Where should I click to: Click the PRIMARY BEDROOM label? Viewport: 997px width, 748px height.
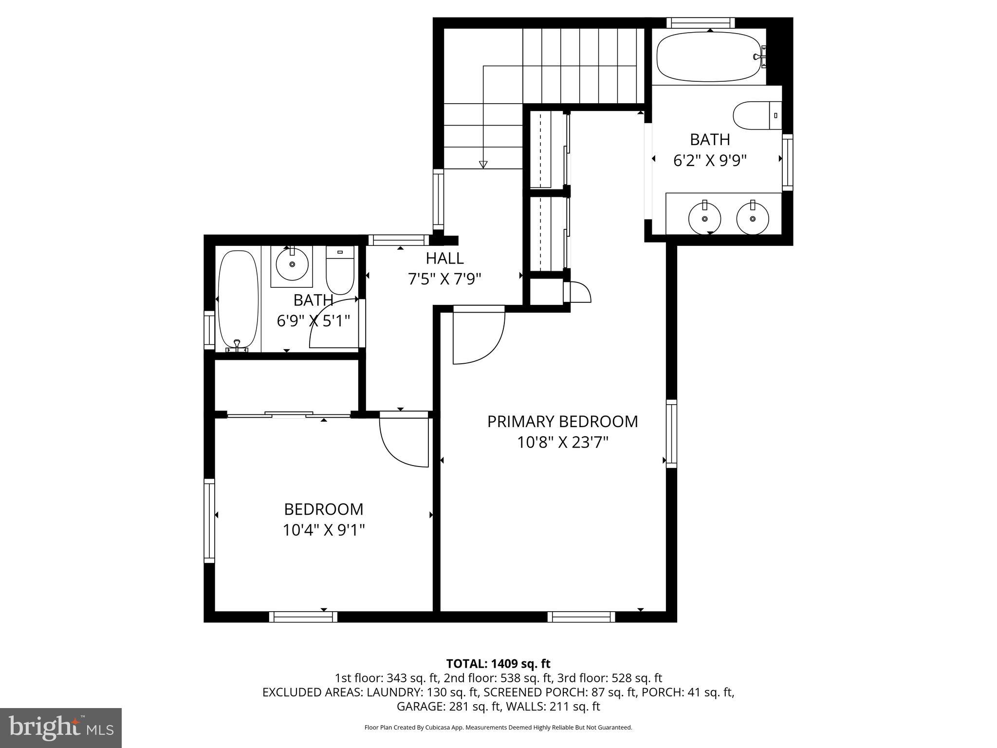562,421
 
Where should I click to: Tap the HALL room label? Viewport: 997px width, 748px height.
444,258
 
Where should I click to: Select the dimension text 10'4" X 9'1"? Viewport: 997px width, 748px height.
324,530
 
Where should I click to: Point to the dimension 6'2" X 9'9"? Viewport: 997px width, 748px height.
710,161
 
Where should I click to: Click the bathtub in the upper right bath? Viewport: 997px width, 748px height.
708,57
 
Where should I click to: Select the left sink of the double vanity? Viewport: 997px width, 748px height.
704,218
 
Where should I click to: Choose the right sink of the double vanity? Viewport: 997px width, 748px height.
753,218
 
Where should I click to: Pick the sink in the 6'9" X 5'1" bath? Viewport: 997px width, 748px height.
292,263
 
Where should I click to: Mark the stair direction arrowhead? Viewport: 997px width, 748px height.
483,165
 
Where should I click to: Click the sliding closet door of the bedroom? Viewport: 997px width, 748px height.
289,415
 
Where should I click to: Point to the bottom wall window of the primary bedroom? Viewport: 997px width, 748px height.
581,617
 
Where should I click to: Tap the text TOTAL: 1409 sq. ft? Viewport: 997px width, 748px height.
498,664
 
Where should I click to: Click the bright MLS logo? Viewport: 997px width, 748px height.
61,728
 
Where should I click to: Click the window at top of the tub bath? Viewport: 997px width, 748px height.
700,23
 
